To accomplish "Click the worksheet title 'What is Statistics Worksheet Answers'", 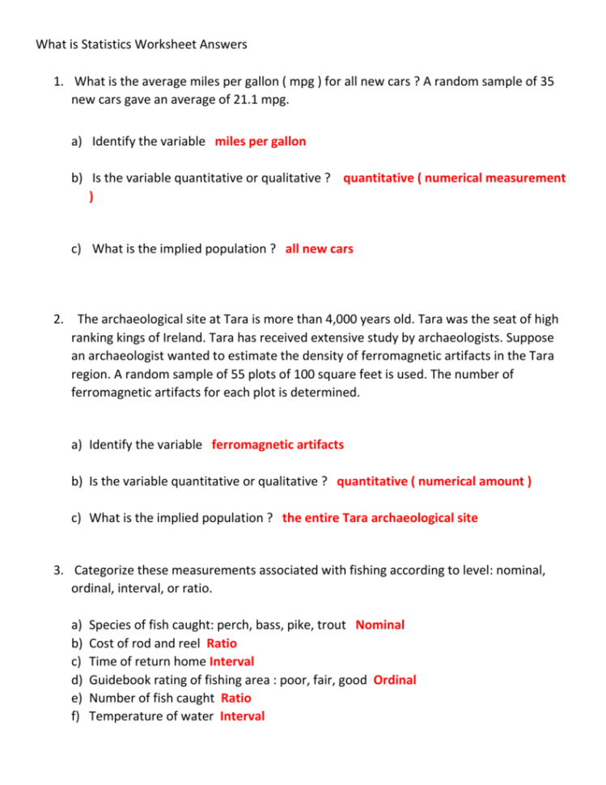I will [x=142, y=44].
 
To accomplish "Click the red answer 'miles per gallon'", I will [x=261, y=142].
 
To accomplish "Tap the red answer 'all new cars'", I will [x=320, y=248].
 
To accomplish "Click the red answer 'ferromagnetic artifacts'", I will [x=278, y=444].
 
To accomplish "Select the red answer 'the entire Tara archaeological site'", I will [x=380, y=517].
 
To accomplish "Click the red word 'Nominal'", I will [x=380, y=625].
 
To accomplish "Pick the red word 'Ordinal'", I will [x=395, y=680].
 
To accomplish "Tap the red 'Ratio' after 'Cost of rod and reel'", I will [x=222, y=643].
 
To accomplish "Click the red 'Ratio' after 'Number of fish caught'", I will [x=236, y=698].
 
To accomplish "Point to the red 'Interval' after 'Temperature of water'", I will [x=242, y=716].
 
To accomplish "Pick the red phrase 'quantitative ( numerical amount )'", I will [x=434, y=482].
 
